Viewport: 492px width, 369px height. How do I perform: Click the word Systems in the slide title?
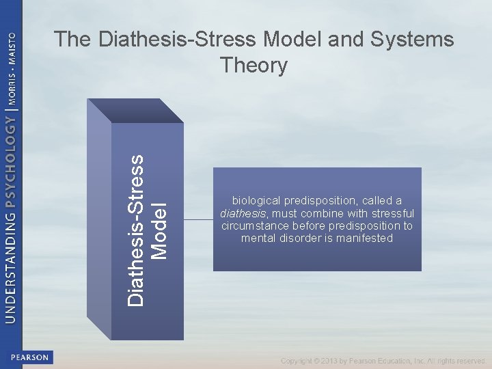coord(413,40)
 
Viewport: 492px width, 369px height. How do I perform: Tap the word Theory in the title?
coord(254,66)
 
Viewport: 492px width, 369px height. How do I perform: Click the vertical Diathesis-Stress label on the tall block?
coord(137,229)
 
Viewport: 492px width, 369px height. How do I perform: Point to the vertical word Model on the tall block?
coord(159,231)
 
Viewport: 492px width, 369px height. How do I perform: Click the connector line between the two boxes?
coord(198,219)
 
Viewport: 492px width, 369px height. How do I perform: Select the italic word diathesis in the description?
coord(243,213)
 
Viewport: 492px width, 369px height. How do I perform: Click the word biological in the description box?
coord(258,201)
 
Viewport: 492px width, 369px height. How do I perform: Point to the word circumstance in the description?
coord(256,225)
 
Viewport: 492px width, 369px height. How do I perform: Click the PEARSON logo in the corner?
coord(29,357)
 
